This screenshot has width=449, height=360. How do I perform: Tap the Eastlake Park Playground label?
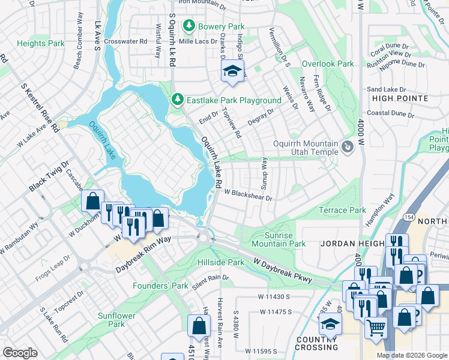point(234,100)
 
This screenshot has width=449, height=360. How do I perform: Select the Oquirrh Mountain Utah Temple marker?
point(347,147)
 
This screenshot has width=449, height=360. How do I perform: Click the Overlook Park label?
point(328,64)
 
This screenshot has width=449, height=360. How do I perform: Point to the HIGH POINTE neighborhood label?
point(400,98)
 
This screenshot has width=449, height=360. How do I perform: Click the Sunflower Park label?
point(116,320)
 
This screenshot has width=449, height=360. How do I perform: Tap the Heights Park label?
point(41,44)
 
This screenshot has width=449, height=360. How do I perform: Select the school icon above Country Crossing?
point(329,325)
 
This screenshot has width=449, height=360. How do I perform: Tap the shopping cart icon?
point(376,328)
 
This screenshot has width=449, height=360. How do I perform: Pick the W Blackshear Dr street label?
point(249,195)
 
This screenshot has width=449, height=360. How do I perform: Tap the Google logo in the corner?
point(20,353)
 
